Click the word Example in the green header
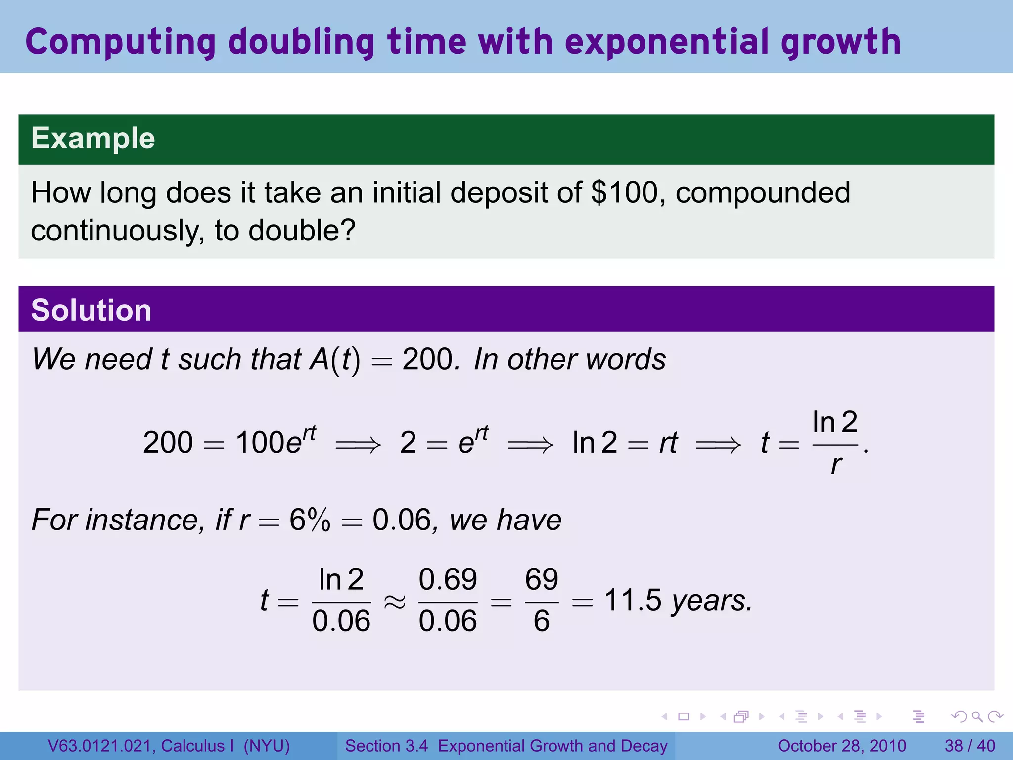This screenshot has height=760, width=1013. tap(93, 138)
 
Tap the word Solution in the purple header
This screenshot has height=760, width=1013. tap(91, 310)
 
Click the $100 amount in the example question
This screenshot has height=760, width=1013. tap(624, 192)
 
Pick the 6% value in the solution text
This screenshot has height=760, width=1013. tap(310, 520)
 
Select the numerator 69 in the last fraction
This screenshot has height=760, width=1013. tap(542, 579)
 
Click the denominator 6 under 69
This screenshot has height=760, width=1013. tap(542, 621)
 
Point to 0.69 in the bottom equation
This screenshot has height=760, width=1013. tap(448, 579)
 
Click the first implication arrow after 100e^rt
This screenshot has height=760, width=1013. tap(358, 445)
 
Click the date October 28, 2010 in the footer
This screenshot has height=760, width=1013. tap(841, 746)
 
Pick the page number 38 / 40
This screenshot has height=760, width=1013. tap(969, 746)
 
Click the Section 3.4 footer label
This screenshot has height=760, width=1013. tap(386, 746)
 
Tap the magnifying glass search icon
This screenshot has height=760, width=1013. tap(977, 716)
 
